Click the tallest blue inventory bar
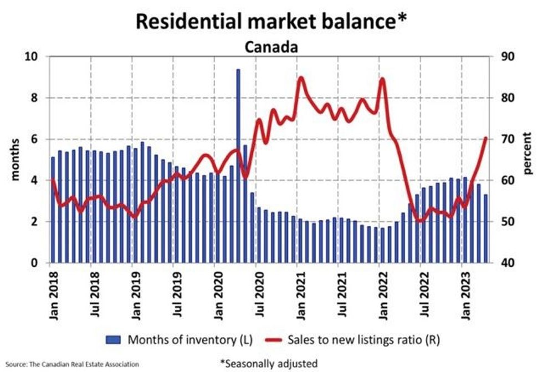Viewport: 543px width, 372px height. click(x=238, y=166)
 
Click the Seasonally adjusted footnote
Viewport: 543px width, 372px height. click(x=269, y=363)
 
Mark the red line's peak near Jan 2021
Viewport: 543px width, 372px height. click(x=301, y=78)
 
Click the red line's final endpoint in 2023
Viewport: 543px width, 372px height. click(x=486, y=137)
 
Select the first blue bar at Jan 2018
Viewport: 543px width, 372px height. click(x=53, y=211)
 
